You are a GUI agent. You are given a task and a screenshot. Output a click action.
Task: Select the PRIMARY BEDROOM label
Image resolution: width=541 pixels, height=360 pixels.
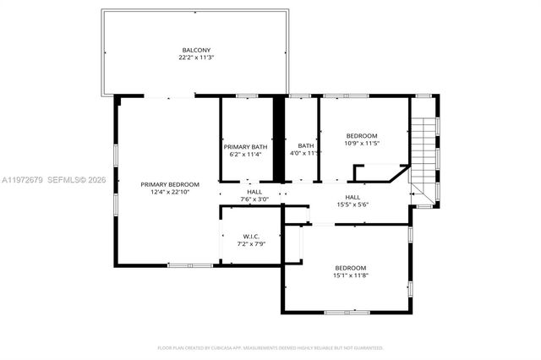point(170,184)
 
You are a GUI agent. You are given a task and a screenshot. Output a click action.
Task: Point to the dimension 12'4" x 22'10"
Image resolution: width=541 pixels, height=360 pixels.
point(170,193)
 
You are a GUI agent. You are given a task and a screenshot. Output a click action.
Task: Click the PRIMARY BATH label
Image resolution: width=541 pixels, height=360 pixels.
point(245,146)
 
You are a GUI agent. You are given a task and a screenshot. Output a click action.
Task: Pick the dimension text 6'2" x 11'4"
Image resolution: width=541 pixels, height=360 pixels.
point(245,155)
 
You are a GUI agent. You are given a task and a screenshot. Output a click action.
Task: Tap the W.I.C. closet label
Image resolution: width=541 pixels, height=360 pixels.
point(251,236)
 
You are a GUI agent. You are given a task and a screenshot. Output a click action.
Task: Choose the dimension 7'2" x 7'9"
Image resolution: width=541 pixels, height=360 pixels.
point(251,244)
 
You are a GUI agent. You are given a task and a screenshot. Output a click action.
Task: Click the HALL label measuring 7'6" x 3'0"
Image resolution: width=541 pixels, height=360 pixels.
point(254,192)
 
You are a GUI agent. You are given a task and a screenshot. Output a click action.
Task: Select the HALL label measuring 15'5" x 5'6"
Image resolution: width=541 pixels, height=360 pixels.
point(352,196)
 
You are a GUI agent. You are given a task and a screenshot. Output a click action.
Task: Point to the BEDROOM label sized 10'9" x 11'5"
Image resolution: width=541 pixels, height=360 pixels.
point(362,135)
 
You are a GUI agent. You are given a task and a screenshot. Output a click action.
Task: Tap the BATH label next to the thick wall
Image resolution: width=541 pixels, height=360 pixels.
point(305,145)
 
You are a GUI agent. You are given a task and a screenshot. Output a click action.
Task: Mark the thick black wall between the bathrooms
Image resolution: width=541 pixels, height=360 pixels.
point(276,139)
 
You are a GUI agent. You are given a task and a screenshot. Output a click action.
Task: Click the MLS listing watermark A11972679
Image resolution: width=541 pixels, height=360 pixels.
point(24,180)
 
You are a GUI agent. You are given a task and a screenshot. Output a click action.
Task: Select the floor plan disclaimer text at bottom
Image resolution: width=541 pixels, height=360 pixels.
point(270,347)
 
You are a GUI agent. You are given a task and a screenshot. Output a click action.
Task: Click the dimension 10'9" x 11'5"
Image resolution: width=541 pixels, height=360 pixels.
point(362,144)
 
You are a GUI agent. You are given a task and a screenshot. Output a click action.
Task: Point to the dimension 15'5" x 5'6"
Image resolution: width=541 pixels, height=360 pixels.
point(352,205)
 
